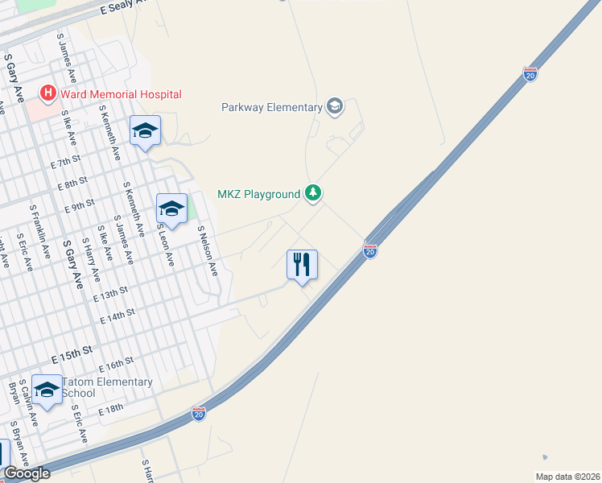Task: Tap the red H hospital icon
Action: (48, 94)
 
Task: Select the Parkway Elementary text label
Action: (272, 106)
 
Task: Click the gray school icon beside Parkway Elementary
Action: (335, 106)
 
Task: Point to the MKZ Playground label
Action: (258, 194)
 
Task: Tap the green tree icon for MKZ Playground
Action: (313, 193)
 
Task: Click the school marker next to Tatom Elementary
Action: (47, 392)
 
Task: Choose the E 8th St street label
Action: (72, 184)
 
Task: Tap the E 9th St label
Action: (80, 206)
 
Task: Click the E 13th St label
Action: (110, 294)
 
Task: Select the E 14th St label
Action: (117, 316)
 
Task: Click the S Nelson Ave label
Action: (208, 251)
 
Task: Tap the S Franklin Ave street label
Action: (41, 230)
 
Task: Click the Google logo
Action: (27, 473)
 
